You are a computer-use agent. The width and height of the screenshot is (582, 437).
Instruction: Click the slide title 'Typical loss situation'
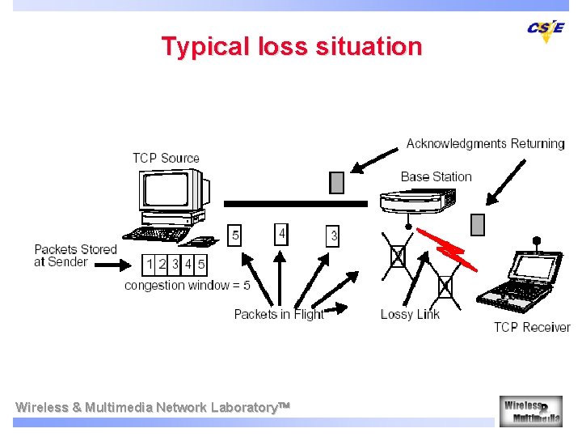[291, 46]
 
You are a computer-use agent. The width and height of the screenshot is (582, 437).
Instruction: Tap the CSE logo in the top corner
[546, 29]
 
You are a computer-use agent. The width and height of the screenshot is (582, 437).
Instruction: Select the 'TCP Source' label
[166, 158]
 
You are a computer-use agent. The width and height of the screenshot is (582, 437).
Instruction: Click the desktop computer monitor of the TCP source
[173, 191]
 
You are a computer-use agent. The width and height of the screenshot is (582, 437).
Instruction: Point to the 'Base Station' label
[436, 176]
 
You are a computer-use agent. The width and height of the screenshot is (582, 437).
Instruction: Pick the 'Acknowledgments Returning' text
[485, 143]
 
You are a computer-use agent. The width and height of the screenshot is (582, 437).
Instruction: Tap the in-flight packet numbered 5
[235, 235]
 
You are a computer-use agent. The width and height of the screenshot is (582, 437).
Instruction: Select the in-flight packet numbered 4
[281, 234]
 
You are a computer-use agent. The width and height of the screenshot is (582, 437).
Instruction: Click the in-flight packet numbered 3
[333, 235]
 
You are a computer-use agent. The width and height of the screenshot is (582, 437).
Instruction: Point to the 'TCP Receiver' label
[532, 327]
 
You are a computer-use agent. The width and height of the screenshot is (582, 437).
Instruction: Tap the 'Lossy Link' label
[410, 314]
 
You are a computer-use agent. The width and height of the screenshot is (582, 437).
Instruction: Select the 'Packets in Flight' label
[278, 314]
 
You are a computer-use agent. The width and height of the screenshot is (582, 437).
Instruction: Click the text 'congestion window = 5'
[187, 286]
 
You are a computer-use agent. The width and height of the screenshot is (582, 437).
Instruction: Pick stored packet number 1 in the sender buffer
[150, 264]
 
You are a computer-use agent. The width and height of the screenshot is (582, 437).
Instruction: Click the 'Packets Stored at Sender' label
[75, 255]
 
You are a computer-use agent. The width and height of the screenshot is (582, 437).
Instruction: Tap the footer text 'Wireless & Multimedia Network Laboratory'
[151, 407]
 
